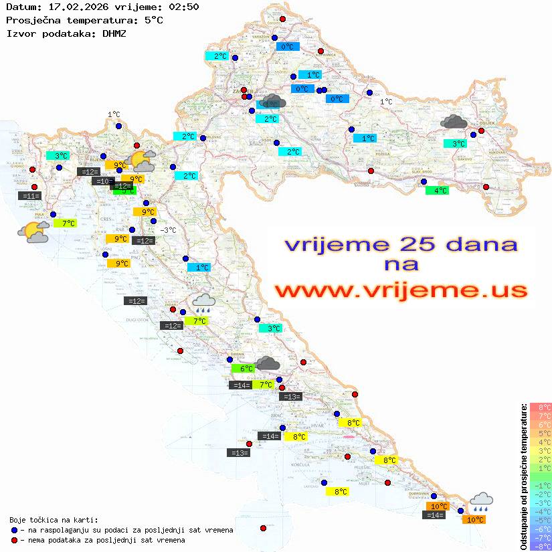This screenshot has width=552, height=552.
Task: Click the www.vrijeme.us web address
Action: coord(401,290)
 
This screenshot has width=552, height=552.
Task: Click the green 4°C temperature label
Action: coord(438,191)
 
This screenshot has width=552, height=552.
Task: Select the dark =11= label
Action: coord(30,196)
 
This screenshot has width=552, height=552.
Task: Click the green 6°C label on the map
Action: coord(243,369)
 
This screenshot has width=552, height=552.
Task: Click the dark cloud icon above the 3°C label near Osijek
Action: coord(454,122)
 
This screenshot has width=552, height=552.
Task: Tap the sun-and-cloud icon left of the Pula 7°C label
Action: coord(33,232)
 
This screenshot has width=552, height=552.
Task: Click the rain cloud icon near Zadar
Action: coord(204,304)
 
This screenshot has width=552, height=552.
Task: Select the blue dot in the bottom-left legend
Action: coord(15,530)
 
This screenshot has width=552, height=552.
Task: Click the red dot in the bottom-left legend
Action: coord(15,540)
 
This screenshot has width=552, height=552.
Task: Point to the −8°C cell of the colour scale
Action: coord(541,547)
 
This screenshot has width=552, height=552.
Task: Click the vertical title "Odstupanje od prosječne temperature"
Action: coord(523,476)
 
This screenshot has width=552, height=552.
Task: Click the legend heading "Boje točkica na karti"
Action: coord(54,520)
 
